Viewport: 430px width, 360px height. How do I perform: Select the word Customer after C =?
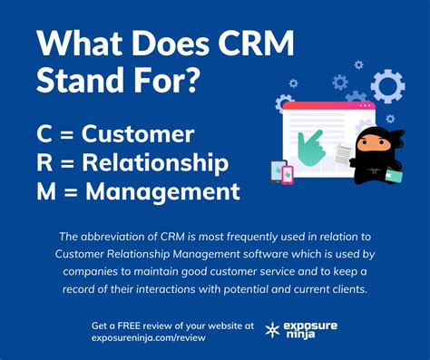click(x=138, y=135)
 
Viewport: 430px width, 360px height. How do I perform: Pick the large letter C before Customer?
click(x=44, y=135)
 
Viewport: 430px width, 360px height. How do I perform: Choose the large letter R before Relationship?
click(x=44, y=164)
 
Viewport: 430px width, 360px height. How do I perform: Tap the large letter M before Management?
click(x=48, y=192)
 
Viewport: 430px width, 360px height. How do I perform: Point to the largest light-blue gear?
click(x=387, y=87)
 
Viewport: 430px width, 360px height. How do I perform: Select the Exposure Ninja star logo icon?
click(x=270, y=331)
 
